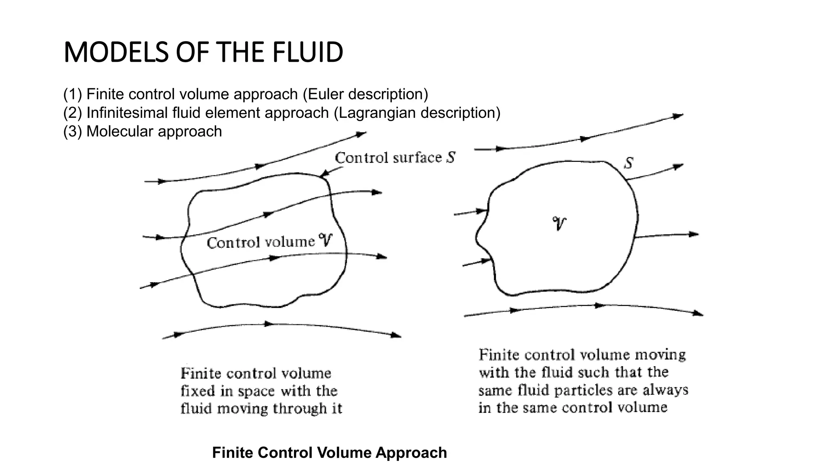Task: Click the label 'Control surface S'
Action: click(x=395, y=157)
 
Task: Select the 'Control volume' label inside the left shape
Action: click(x=261, y=242)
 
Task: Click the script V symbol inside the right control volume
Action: click(x=559, y=223)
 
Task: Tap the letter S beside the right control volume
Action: click(x=628, y=163)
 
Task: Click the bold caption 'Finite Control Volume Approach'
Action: click(x=329, y=452)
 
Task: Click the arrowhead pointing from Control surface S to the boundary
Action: click(x=323, y=175)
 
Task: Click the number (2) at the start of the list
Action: click(x=73, y=113)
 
